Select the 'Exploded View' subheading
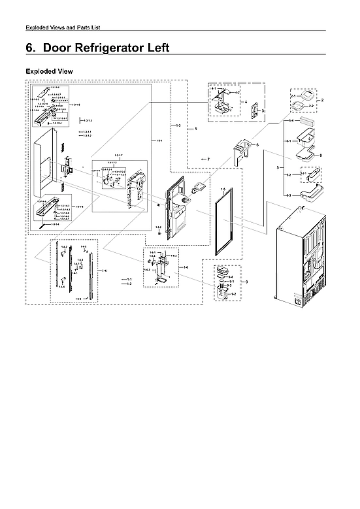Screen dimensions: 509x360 pos(48,70)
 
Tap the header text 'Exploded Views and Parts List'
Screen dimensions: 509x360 pos(61,27)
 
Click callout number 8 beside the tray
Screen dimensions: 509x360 pos(321,156)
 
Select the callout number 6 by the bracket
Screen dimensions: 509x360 pos(257,144)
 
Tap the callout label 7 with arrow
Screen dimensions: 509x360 pos(208,159)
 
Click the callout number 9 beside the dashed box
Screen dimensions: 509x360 pos(246,282)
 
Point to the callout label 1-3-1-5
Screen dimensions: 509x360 pos(76,105)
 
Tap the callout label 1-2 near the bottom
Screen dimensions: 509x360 pos(129,284)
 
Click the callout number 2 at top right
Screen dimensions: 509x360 pos(321,100)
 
